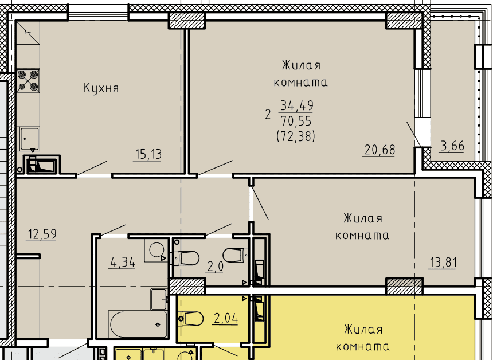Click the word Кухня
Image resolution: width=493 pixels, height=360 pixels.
(101, 88)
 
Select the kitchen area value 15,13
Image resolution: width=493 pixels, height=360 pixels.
(148, 154)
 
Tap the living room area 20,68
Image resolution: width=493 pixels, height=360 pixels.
(379, 150)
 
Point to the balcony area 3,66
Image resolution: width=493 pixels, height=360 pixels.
(452, 146)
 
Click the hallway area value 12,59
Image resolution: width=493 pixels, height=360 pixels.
(42, 234)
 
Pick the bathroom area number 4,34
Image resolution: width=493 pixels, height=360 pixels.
(122, 262)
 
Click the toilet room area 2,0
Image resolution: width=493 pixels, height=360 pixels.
(215, 267)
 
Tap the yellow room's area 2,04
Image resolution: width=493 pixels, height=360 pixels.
(226, 319)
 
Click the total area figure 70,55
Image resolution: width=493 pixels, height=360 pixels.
(296, 121)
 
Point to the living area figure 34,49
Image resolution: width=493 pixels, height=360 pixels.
(296, 105)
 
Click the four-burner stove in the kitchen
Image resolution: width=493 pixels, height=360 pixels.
(28, 81)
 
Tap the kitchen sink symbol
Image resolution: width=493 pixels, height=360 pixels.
(29, 139)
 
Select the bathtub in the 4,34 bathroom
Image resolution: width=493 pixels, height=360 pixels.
(138, 324)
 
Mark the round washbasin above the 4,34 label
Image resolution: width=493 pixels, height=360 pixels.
(156, 251)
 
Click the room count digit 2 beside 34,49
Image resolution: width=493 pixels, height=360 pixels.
(268, 115)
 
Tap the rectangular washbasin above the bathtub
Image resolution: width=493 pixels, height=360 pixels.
(158, 299)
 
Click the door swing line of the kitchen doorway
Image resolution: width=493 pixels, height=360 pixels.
(92, 168)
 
